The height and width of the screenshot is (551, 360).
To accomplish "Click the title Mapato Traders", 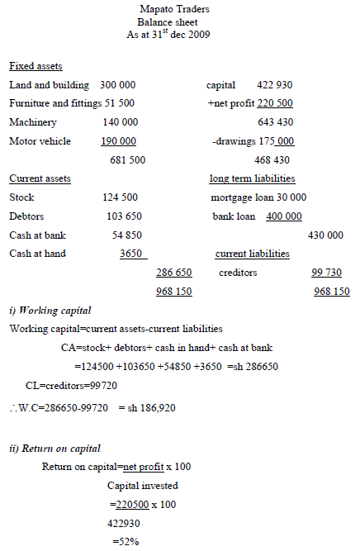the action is [x=174, y=9].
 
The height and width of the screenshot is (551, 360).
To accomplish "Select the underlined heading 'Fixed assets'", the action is [x=36, y=66].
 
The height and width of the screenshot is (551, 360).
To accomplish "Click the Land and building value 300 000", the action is [x=118, y=85].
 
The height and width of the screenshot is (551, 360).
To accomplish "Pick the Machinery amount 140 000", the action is [x=121, y=122].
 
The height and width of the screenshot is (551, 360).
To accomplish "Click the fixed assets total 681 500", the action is [x=128, y=159].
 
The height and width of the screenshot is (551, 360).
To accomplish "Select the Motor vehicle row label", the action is [x=40, y=141].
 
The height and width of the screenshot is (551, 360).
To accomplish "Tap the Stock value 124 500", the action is [x=120, y=197].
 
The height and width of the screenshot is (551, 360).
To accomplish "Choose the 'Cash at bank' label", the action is [x=37, y=235].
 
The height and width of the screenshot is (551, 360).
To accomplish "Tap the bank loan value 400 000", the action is [x=283, y=216].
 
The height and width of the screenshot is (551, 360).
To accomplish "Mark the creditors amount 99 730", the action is [x=329, y=273].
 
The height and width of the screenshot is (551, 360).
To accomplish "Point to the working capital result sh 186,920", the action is [x=147, y=408].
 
